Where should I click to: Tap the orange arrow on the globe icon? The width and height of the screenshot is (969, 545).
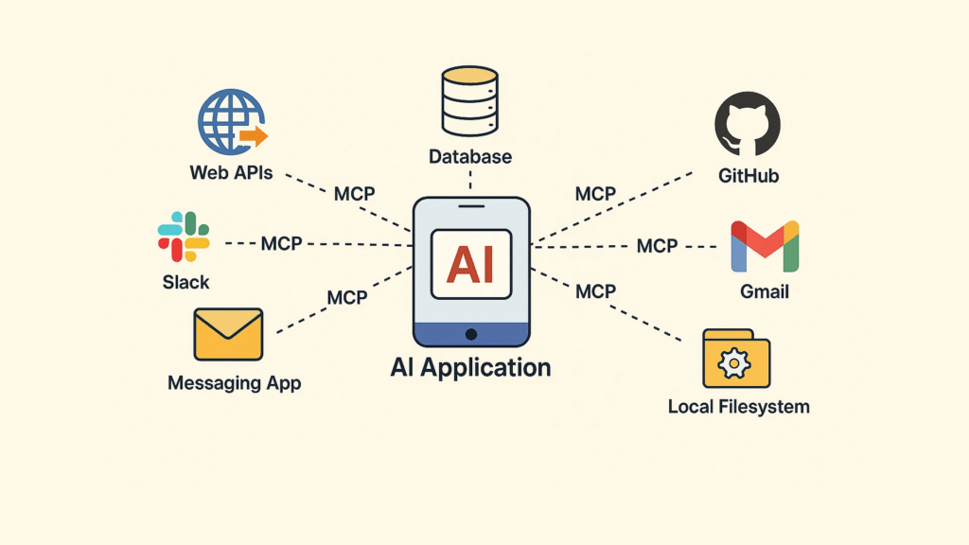click(254, 137)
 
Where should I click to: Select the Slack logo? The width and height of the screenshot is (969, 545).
click(184, 237)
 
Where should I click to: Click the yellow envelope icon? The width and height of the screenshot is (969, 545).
click(228, 334)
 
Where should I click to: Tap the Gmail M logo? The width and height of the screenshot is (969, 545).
click(765, 247)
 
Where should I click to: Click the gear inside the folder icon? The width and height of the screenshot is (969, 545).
click(733, 363)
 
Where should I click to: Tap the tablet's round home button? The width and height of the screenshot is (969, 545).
click(470, 333)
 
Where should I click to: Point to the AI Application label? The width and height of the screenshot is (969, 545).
click(470, 367)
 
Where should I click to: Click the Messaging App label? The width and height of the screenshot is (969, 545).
click(234, 383)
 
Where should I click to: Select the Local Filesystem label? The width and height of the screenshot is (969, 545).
click(738, 407)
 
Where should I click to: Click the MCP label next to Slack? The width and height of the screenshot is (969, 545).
click(281, 244)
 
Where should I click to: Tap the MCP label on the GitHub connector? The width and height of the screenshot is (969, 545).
click(595, 194)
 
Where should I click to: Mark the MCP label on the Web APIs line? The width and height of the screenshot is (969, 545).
click(354, 194)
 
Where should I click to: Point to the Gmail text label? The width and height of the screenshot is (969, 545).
click(764, 292)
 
